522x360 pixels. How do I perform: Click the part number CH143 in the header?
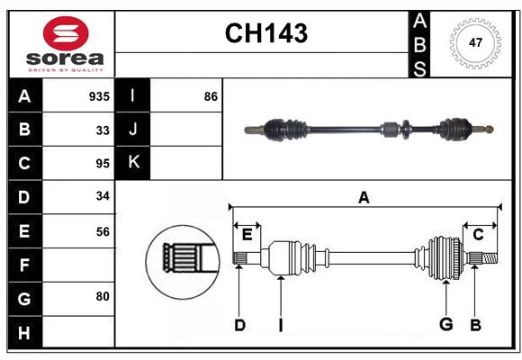(x=265, y=33)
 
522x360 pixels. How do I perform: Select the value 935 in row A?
(x=99, y=96)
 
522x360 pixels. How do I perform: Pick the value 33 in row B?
(x=103, y=130)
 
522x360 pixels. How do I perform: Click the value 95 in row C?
(x=103, y=164)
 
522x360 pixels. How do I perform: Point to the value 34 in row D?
(x=103, y=197)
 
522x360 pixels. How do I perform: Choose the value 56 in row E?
(x=103, y=231)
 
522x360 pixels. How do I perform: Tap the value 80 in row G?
(x=103, y=295)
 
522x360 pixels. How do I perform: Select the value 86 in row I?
(x=211, y=96)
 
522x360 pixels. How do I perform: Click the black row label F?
(x=24, y=265)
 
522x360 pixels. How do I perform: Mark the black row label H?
(x=24, y=333)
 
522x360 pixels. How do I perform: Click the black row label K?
(x=133, y=163)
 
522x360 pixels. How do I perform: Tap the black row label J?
(x=133, y=130)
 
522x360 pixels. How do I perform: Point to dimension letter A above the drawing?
(x=364, y=198)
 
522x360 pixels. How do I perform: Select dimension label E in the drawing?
(x=247, y=235)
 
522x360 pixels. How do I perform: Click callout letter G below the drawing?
(x=445, y=324)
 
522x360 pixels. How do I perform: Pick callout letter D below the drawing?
(x=239, y=325)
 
